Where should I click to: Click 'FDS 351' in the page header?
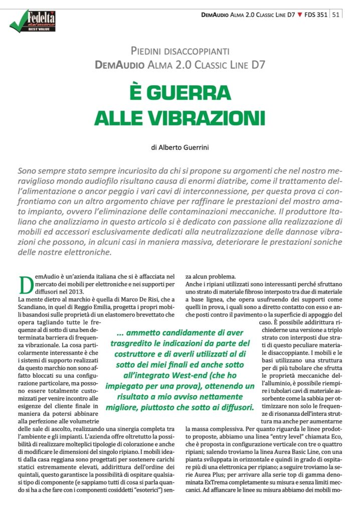click(x=315, y=15)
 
